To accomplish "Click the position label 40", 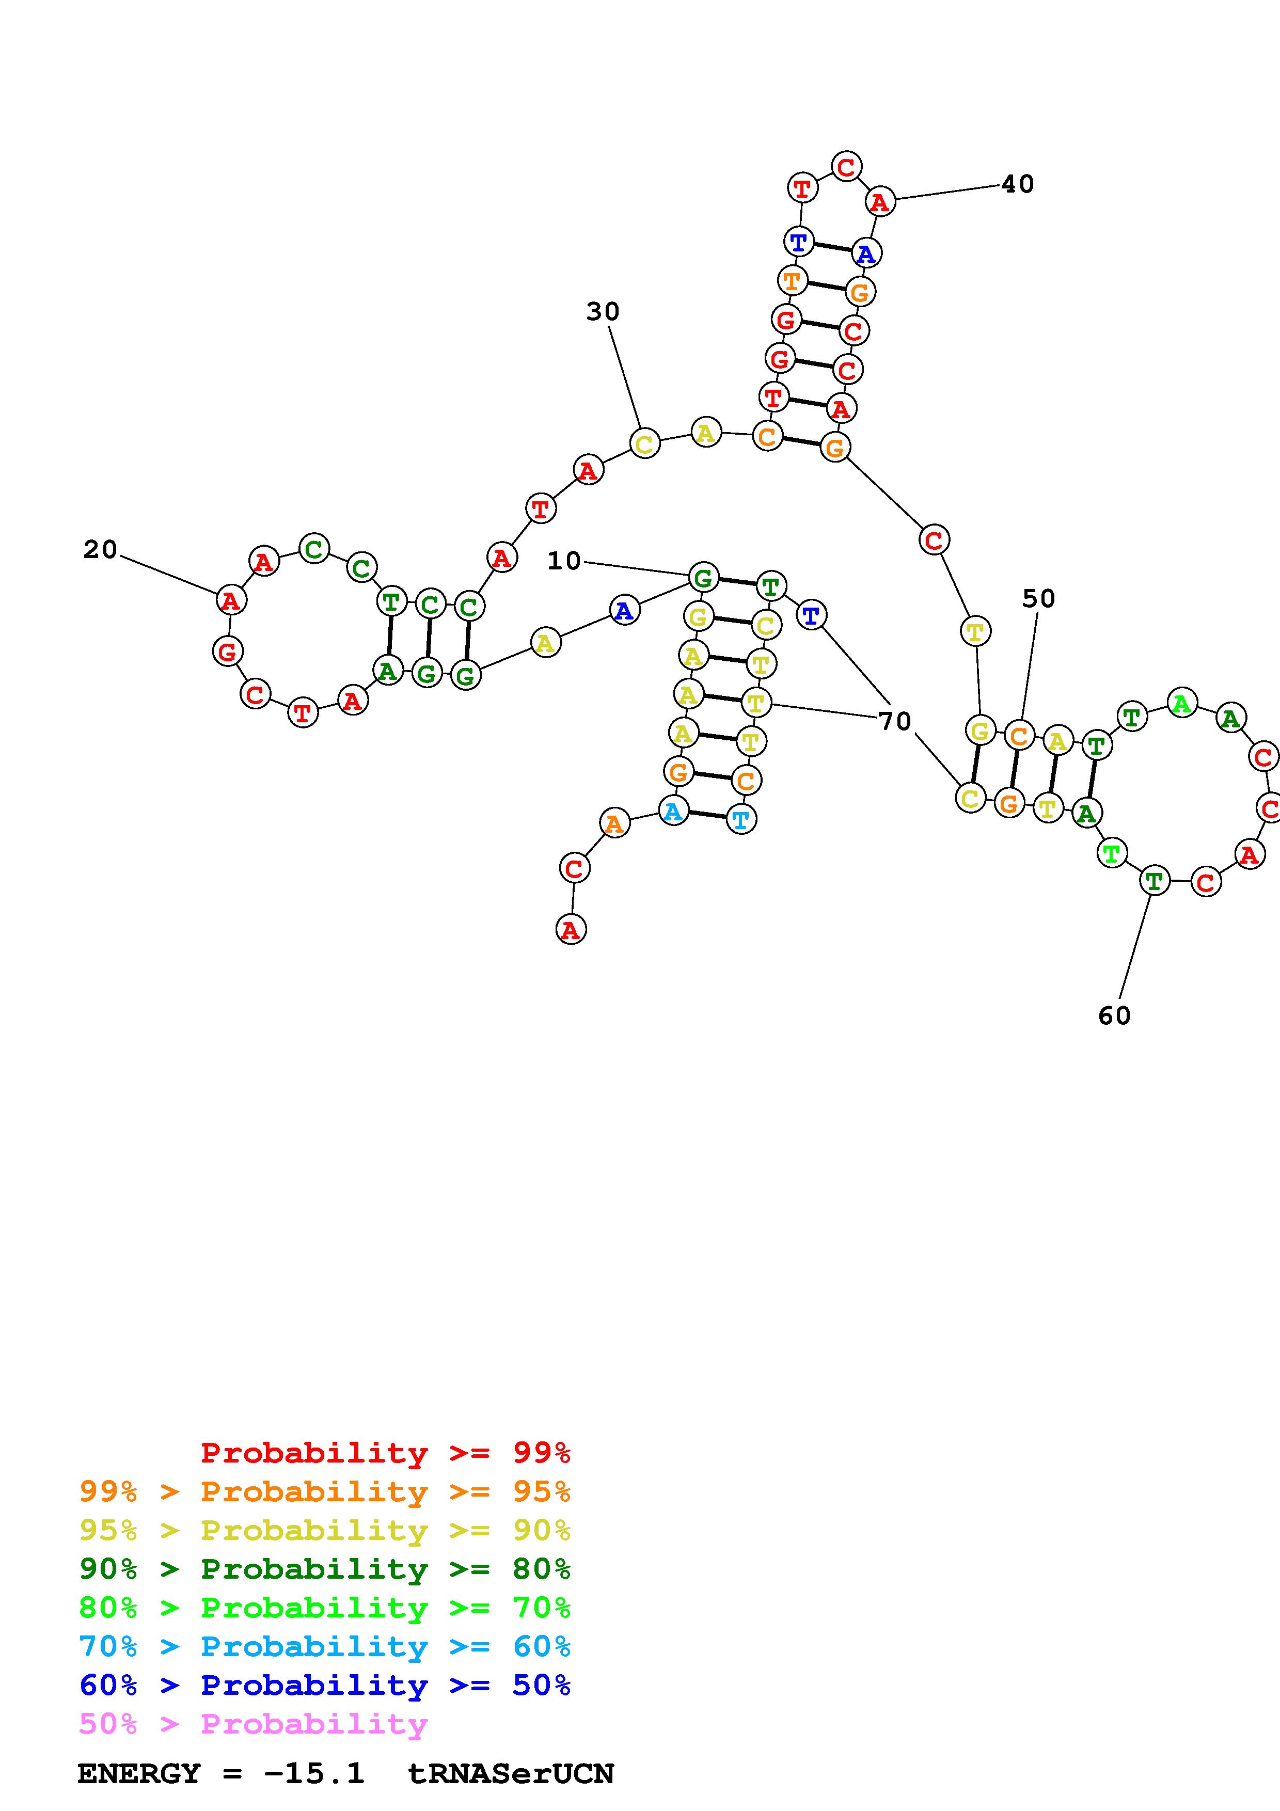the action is coord(1017,185).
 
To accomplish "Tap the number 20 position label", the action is coord(100,550).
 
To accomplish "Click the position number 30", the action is coord(603,312).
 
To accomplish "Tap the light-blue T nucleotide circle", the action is coord(740,819).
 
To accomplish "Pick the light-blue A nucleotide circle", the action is coord(673,811).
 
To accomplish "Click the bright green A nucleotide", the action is coord(1181,703).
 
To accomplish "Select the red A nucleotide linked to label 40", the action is coord(879,202).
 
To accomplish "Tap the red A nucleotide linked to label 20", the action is coord(230,600).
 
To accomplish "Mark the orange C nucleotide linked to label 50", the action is coord(1019,736).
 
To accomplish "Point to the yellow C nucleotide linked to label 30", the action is coord(644,443).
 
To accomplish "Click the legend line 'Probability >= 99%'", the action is coord(386,1453).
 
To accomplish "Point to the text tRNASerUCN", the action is coord(510,1774).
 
